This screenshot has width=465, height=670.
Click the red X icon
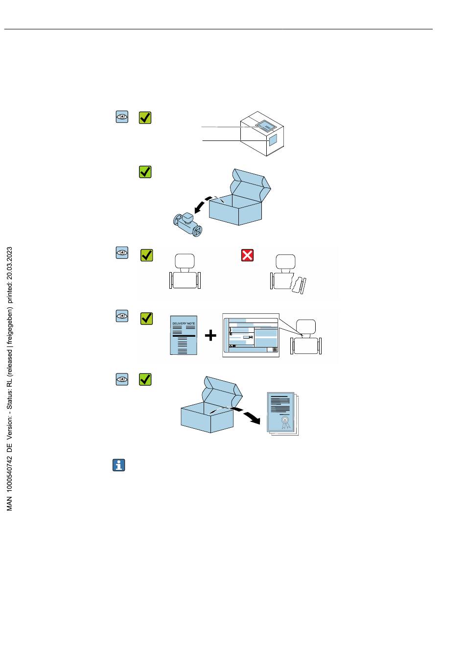click(x=248, y=255)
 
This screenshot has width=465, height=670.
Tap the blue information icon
click(x=119, y=465)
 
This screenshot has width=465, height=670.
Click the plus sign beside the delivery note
click(x=210, y=336)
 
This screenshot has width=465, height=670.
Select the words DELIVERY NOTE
click(x=184, y=323)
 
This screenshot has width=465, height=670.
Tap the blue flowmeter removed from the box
click(x=188, y=226)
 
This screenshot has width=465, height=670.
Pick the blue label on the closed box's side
click(x=273, y=140)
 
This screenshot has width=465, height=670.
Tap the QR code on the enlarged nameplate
click(x=275, y=349)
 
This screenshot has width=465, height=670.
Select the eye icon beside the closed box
click(x=122, y=117)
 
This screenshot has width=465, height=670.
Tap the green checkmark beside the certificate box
click(x=145, y=379)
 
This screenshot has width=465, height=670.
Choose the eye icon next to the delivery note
click(x=122, y=316)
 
